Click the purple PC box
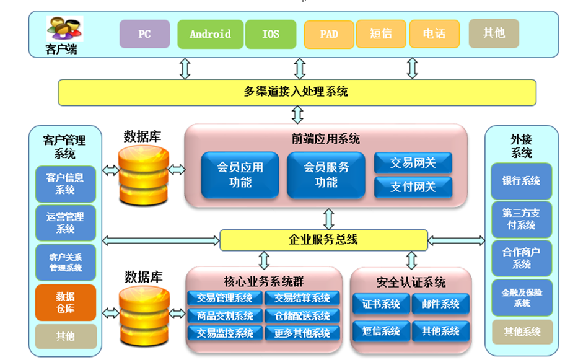pos(144,34)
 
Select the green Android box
pos(210,34)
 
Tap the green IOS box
pos(271,34)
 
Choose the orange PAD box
pos(329,34)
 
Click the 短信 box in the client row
pos(381,34)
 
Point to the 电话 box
pos(434,34)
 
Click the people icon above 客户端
pos(64,29)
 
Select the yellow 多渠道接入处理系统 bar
pos(297,92)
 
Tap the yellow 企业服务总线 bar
pos(323,240)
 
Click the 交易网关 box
pos(413,164)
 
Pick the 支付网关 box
pos(413,187)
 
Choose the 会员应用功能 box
pos(240,175)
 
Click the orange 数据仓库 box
pos(66,302)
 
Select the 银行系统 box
pos(521,181)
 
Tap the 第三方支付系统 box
pos(521,219)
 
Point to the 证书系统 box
pos(381,304)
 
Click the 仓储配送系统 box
pos(302,316)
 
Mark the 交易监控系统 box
pos(225,333)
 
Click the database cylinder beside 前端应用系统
pos(143,170)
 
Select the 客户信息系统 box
pos(66,183)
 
